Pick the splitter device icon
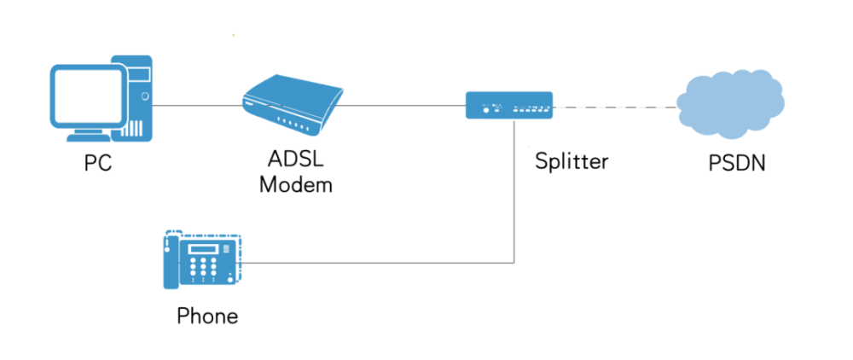tap(509, 105)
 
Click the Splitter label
tap(571, 161)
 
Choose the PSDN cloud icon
tap(730, 103)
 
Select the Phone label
tap(207, 316)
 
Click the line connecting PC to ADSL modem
tap(196, 106)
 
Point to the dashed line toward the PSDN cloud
tap(614, 107)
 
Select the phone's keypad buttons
tap(205, 270)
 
